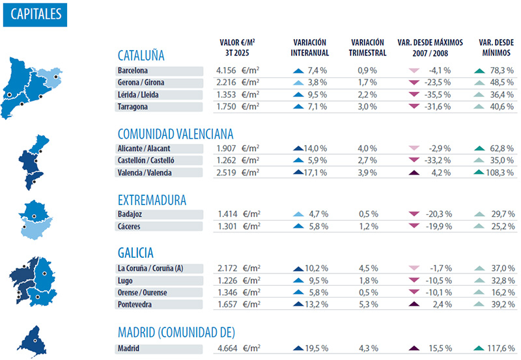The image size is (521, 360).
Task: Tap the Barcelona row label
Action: [x=133, y=71]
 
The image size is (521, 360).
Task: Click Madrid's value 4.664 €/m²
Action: [x=238, y=348]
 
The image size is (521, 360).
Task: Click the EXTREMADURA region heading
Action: [x=152, y=200]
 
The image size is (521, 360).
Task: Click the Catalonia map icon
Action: [x=33, y=87]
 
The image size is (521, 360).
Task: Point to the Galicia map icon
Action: [x=33, y=280]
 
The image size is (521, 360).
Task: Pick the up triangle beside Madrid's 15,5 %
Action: [x=413, y=348]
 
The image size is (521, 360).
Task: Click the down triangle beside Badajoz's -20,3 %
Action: [x=413, y=215]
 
